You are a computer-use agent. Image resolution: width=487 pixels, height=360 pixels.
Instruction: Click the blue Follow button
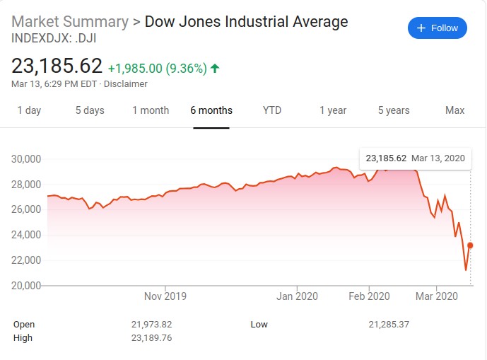tap(437, 28)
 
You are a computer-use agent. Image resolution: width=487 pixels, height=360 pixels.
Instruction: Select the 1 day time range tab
tap(29, 110)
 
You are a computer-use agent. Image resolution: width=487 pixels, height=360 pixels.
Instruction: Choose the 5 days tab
tap(90, 110)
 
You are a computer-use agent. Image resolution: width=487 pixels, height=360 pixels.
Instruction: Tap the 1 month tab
tap(151, 110)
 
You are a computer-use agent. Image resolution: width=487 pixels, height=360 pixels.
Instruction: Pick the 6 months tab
tap(211, 110)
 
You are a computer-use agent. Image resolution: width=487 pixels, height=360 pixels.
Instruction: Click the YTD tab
tap(272, 110)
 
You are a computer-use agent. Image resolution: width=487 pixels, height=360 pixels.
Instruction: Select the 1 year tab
tap(333, 110)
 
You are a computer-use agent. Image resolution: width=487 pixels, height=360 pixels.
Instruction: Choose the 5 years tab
tap(394, 110)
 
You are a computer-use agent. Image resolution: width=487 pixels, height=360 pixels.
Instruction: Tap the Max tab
tap(454, 110)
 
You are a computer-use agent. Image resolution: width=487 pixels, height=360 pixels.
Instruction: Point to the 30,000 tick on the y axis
tap(25, 158)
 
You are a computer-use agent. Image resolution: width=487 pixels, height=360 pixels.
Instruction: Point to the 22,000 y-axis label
tap(25, 260)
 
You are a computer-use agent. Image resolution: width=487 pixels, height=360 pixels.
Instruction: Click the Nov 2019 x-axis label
tap(165, 296)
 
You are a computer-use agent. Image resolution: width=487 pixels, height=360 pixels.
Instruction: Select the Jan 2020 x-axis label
tap(296, 296)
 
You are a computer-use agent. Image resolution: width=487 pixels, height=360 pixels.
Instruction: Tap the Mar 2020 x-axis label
tap(436, 296)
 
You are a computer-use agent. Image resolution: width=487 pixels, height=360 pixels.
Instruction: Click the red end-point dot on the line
tap(471, 245)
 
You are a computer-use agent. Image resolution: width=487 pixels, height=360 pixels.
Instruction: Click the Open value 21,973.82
tap(152, 325)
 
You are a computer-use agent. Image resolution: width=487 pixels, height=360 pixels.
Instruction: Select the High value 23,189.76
tap(152, 338)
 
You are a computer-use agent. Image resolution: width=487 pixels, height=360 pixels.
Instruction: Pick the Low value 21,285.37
tap(389, 325)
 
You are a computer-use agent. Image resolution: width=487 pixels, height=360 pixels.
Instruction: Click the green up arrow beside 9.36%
tap(215, 69)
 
